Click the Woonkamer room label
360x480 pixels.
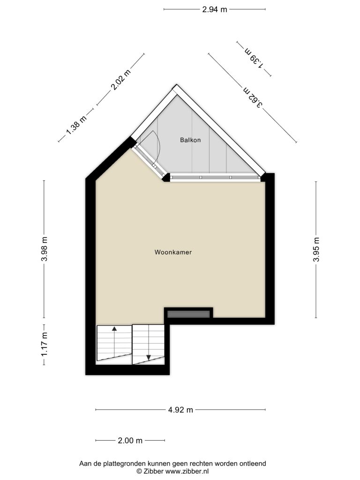pos(173,252)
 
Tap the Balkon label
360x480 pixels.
pos(190,140)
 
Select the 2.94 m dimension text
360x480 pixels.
pos(215,9)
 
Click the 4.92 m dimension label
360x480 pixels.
pos(180,410)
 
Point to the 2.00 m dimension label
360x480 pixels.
pos(130,441)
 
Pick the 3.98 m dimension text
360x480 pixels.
pos(45,249)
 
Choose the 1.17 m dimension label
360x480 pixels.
pos(45,345)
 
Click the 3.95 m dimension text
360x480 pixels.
pos(316,249)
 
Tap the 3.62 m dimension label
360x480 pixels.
pos(253,97)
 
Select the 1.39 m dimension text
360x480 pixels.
pos(254,58)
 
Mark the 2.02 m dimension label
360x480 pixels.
pos(120,80)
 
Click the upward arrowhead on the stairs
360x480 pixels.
pos(114,329)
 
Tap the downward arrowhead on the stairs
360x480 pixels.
pos(149,358)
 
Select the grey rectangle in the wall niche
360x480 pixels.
pos(188,314)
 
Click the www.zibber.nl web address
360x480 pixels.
pos(187,472)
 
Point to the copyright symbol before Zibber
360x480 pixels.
pos(139,472)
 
